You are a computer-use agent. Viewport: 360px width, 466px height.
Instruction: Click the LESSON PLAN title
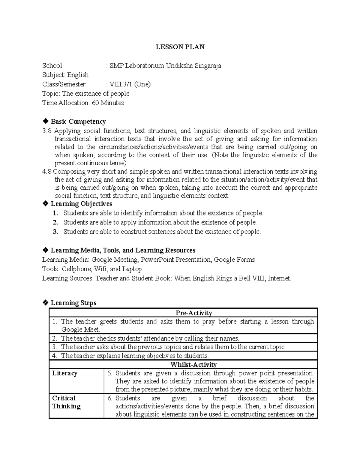(180, 47)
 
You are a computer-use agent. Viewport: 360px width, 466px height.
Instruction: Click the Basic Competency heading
(78, 122)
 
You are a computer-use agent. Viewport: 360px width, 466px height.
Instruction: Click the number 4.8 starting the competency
(47, 172)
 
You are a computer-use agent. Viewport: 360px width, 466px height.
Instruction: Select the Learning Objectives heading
(81, 204)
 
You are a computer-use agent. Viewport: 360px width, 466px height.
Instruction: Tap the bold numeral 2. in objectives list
(55, 222)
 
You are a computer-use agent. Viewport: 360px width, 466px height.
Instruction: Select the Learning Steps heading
(73, 303)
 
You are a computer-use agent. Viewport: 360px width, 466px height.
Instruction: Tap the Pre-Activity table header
(194, 313)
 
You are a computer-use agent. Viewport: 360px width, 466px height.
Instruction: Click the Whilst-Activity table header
(193, 365)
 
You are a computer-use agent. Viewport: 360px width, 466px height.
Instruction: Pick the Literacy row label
(65, 373)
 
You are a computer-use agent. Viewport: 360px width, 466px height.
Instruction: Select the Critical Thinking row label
(66, 402)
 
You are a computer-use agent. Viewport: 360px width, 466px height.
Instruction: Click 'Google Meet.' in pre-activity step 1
(80, 329)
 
